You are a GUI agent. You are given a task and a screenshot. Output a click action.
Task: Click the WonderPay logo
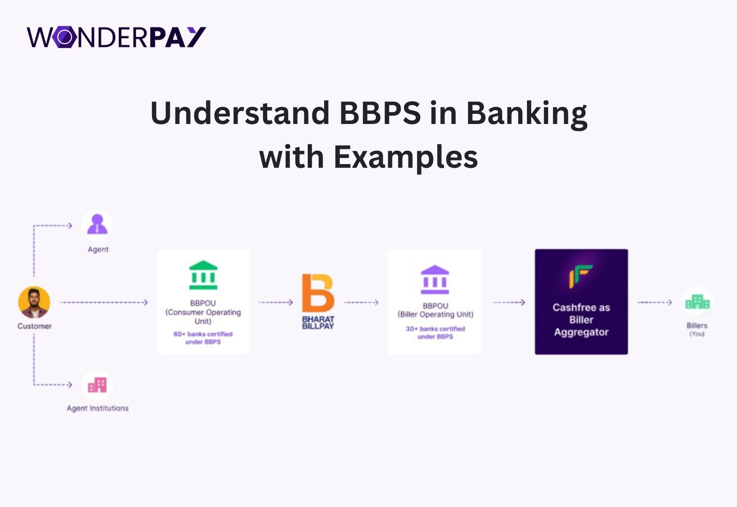click(116, 37)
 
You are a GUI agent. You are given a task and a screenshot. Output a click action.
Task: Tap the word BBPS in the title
click(380, 113)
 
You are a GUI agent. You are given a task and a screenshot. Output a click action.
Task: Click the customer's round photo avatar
click(34, 302)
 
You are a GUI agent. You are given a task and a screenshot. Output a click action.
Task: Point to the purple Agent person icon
click(97, 224)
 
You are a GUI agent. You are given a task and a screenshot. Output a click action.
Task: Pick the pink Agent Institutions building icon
click(97, 385)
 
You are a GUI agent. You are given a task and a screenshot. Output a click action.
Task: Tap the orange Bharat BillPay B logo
click(318, 293)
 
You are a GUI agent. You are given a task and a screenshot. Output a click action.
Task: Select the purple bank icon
click(435, 279)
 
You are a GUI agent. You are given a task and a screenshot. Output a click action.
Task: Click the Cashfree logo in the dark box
click(581, 276)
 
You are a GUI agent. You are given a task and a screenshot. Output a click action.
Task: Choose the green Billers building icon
click(697, 301)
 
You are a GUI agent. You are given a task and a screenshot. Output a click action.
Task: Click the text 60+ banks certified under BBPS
click(203, 338)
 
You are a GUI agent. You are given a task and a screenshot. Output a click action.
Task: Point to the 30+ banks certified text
click(435, 332)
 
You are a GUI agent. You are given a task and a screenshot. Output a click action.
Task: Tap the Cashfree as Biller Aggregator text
click(581, 320)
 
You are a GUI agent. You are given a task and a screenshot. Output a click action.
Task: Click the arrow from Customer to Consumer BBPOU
click(104, 302)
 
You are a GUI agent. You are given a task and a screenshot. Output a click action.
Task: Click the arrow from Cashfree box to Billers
click(655, 302)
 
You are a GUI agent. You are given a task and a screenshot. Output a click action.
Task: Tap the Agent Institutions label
click(98, 408)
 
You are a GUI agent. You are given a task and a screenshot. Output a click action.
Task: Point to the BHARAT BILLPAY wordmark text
click(318, 323)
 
